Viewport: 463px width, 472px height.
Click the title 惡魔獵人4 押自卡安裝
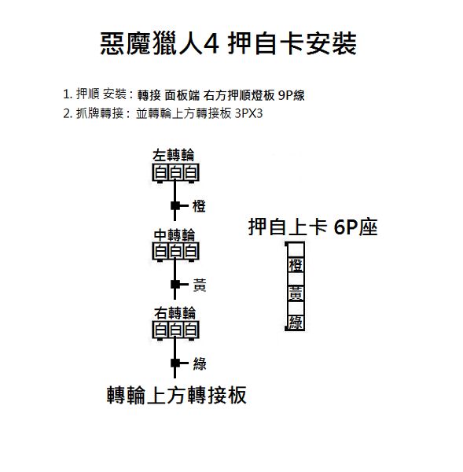[x=228, y=44]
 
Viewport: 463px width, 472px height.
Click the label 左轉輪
[x=174, y=156]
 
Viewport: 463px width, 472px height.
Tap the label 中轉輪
[x=175, y=235]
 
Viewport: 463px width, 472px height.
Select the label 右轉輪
[x=175, y=313]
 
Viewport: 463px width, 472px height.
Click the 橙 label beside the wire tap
[x=199, y=206]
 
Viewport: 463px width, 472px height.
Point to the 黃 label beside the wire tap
[x=200, y=285]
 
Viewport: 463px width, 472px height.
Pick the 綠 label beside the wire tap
[x=200, y=363]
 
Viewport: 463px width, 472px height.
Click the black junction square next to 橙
[x=175, y=206]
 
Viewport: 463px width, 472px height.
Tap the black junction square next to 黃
[x=175, y=284]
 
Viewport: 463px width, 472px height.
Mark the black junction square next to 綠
[x=175, y=363]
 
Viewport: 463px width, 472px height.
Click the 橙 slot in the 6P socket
[x=296, y=265]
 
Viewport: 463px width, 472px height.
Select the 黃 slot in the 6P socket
[x=296, y=293]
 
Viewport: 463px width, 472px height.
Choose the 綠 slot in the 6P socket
[x=296, y=323]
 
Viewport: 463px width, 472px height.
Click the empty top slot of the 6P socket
[x=296, y=250]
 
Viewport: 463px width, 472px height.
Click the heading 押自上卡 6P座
[x=313, y=227]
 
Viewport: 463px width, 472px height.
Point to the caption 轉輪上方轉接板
[x=177, y=395]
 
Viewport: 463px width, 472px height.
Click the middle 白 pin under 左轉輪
[x=175, y=172]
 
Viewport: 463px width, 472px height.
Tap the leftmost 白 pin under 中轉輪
[x=160, y=252]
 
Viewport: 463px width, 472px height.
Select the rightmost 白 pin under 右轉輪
[x=191, y=330]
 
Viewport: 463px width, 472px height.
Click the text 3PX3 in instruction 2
[x=248, y=114]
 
